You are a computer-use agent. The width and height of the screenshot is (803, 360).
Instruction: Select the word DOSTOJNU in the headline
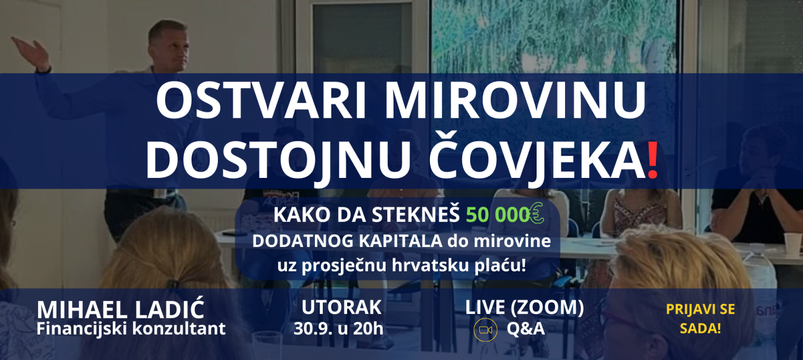coord(278,160)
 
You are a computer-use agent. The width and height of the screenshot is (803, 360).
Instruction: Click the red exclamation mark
coord(653,160)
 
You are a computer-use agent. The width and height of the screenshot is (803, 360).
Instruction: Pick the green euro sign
coord(537,213)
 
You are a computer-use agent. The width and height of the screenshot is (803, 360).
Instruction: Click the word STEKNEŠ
coord(415,215)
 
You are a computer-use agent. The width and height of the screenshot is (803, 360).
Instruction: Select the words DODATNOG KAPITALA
coord(347,241)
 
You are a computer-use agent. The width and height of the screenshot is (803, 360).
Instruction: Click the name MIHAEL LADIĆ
coord(120,309)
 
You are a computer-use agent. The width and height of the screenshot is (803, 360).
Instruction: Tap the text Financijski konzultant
coord(131,328)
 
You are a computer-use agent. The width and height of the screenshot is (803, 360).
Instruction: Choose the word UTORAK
coord(341,307)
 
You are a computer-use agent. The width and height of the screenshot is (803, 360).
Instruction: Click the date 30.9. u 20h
coord(338,328)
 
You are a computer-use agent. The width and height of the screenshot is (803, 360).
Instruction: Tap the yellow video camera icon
coord(485,329)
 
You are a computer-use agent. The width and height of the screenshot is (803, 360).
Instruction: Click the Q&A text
coord(525,329)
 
